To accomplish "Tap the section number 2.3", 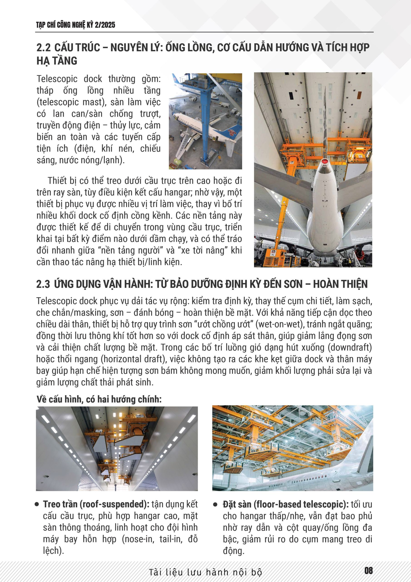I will [x=43, y=284].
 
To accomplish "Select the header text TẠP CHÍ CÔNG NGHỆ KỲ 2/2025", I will [x=76, y=25].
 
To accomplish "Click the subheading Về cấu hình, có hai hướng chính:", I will [x=99, y=399].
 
